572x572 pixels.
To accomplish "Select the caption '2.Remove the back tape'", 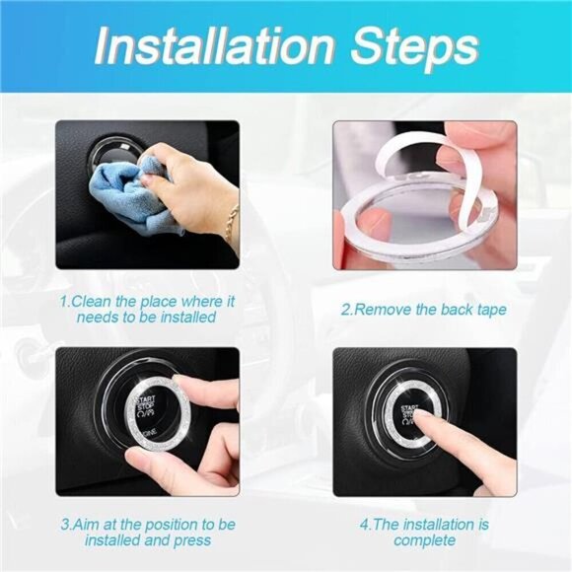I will pos(423,309).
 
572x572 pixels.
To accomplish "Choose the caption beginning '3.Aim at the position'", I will pos(147,532).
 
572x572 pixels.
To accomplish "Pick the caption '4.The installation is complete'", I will pos(423,532).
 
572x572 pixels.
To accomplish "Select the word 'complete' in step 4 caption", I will pos(423,540).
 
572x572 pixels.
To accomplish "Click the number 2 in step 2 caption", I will pos(345,309).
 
